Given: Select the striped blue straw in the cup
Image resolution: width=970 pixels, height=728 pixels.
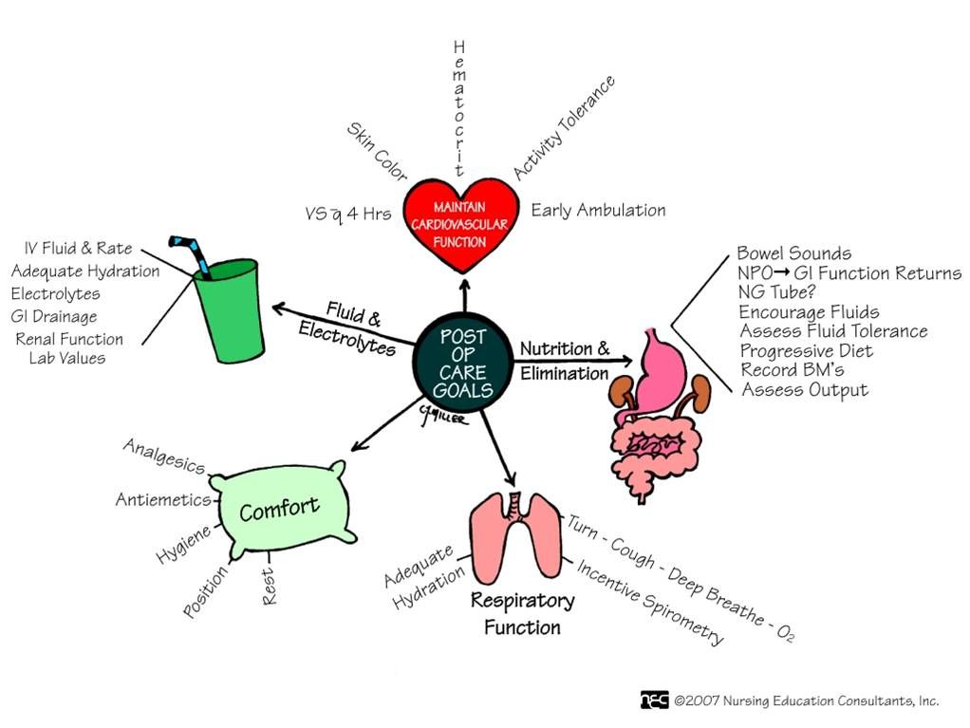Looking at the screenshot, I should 190,252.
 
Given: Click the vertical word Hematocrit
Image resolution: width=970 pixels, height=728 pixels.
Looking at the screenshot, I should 459,108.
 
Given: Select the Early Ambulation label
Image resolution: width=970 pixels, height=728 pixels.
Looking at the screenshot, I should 598,210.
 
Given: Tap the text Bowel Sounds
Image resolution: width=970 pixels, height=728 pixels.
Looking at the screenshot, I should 793,253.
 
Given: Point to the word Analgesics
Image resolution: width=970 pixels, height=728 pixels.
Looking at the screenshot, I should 163,456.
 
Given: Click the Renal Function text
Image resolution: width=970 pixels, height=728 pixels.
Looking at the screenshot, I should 69,339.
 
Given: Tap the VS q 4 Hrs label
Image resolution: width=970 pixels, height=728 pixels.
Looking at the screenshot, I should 347,214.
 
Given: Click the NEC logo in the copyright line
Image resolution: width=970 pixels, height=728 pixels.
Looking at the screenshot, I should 654,700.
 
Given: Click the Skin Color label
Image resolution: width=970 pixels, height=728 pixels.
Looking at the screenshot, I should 377,151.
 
